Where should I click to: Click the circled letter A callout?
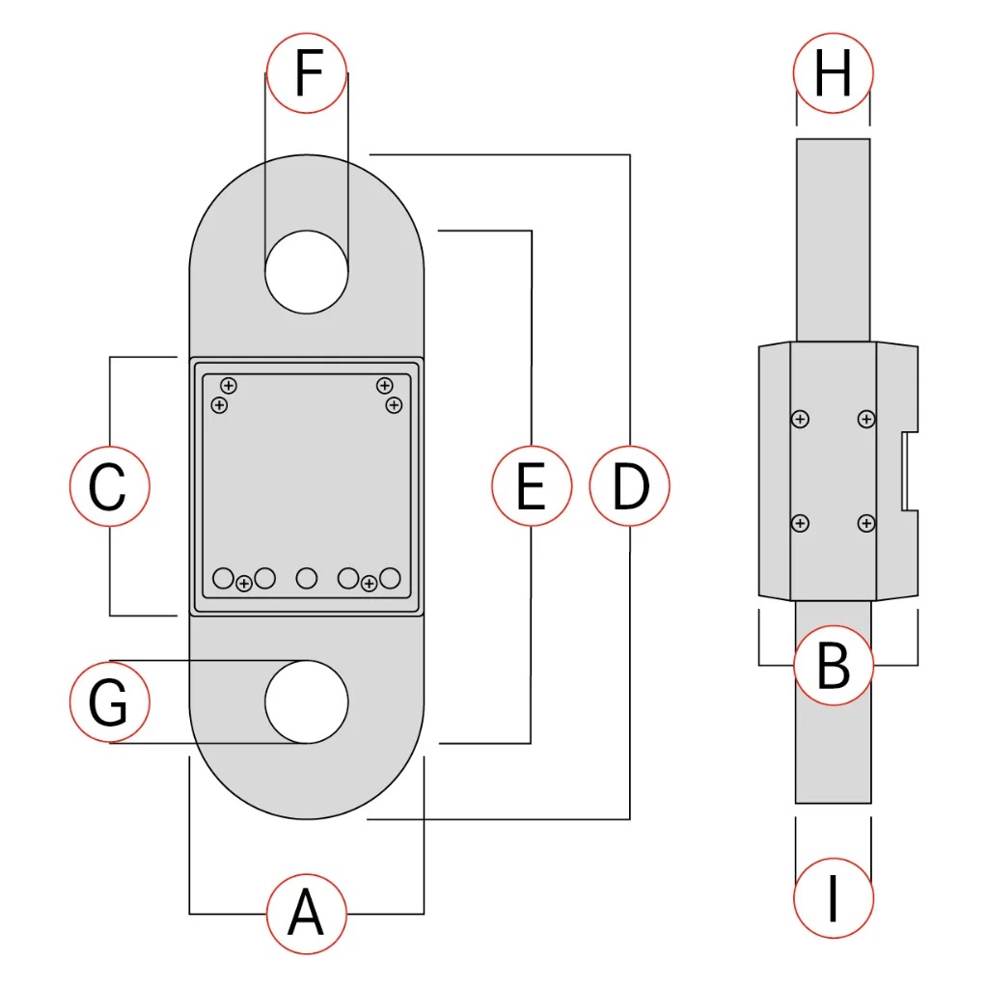[x=306, y=913]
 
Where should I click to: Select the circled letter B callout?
[x=833, y=665]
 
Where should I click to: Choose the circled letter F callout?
[x=307, y=72]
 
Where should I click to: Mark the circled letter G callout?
[x=110, y=701]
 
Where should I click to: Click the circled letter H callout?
[x=833, y=72]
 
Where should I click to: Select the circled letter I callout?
[x=833, y=898]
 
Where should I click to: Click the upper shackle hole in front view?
[x=307, y=272]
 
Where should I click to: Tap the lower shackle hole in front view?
[x=307, y=701]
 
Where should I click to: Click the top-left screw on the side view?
[x=799, y=419]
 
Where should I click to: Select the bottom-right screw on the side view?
[x=866, y=523]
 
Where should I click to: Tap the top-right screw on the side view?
[x=866, y=419]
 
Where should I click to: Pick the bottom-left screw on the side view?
[x=799, y=523]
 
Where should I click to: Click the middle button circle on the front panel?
[x=307, y=578]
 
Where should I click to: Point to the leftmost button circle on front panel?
[x=223, y=578]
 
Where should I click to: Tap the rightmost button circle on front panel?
[x=390, y=578]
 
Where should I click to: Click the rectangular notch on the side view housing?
[x=909, y=472]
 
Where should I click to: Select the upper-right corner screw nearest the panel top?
[x=384, y=386]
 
